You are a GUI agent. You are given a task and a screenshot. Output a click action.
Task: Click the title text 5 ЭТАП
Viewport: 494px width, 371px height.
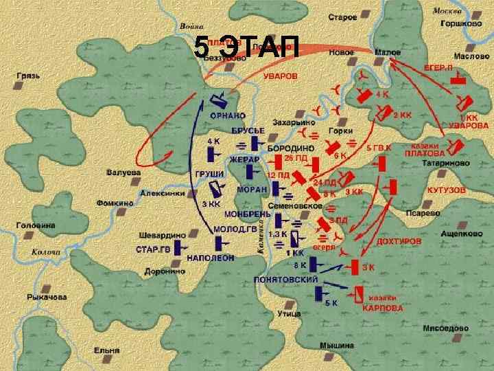[x=246, y=47]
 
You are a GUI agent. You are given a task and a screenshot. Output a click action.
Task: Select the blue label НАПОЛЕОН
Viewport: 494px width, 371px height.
[x=211, y=258]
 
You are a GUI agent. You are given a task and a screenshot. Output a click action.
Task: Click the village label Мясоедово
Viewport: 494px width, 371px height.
[x=446, y=328]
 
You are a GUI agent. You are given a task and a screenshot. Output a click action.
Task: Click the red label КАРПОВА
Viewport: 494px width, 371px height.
[x=383, y=308]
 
